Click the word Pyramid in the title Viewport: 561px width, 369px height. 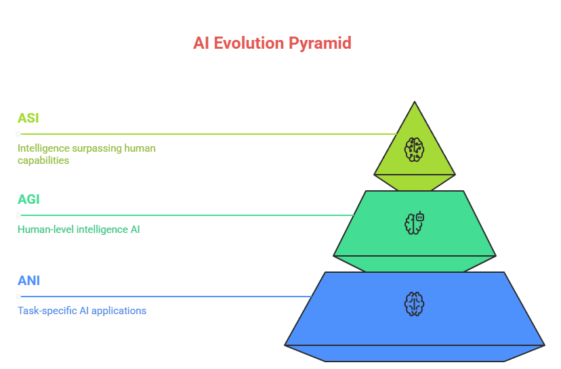point(320,43)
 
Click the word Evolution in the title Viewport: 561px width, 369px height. point(247,43)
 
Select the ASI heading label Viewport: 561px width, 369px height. point(28,118)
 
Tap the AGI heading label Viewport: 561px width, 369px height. point(28,199)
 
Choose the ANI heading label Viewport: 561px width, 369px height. point(28,280)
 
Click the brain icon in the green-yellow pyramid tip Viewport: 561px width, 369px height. point(414,149)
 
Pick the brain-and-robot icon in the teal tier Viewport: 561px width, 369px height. point(415,223)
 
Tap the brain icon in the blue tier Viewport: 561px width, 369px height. point(414,303)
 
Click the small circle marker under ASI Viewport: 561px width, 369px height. point(18,134)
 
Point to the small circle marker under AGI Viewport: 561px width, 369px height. point(18,215)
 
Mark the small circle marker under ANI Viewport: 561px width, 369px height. point(18,297)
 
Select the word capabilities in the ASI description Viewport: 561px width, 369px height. point(43,160)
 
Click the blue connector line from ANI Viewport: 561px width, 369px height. point(169,297)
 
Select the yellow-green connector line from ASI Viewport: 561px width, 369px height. point(203,134)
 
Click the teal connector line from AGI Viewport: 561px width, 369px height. point(190,215)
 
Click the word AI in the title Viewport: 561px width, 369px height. point(201,43)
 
